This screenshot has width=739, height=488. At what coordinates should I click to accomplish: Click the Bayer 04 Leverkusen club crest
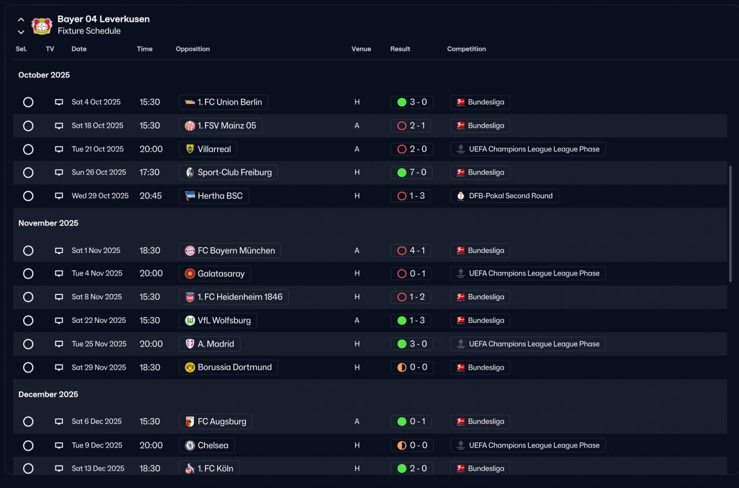coord(42,25)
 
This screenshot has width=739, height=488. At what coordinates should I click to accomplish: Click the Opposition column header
coord(193,49)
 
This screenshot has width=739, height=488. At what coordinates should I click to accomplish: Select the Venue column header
coord(361,49)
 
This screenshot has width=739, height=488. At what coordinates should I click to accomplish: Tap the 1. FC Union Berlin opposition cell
coord(223,102)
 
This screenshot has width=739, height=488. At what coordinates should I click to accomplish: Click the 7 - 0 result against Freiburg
coord(412,172)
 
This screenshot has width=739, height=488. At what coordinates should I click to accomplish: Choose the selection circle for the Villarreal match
coord(28,150)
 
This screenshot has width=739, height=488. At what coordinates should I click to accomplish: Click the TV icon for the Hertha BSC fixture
coord(59,196)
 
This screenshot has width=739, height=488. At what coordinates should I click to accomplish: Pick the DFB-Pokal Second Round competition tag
coord(504,196)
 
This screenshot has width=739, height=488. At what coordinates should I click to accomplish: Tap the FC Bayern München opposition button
coord(230,251)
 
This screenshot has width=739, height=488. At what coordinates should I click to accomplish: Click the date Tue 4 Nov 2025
coord(97,273)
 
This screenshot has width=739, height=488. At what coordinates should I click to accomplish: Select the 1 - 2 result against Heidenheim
coord(411,297)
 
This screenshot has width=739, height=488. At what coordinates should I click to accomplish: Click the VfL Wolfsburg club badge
coord(190,321)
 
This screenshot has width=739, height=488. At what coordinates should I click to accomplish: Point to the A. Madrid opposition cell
coord(210,344)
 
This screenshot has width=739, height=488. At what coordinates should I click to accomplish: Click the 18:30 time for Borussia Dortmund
coord(150,367)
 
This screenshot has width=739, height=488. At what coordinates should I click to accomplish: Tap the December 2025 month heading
coord(48,394)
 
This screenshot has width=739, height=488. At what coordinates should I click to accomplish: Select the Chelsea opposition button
coord(207,445)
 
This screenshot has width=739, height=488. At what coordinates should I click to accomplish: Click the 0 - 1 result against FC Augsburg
coord(411,422)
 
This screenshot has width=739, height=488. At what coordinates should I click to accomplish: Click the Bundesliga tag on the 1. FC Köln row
coord(480,468)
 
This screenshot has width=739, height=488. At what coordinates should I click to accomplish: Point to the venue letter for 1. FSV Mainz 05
coord(357,126)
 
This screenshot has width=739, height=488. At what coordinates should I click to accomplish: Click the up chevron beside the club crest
coord(21,20)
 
